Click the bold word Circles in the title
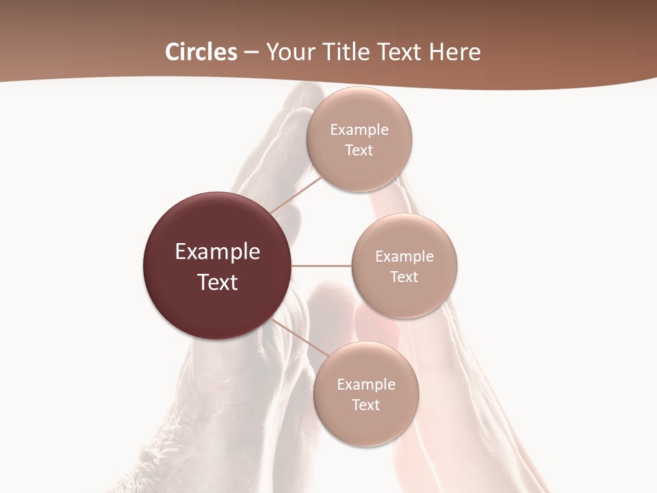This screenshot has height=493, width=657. (201, 52)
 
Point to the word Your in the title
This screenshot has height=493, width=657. (287, 52)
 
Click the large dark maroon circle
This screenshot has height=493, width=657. (218, 266)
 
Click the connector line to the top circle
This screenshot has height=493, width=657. (296, 194)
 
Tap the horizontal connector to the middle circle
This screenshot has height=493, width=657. (322, 266)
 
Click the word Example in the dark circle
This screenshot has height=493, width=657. (218, 252)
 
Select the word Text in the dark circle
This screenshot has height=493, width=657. (218, 282)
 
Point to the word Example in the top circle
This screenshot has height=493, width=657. (359, 130)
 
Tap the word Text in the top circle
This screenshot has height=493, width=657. (359, 151)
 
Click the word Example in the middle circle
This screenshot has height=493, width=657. (404, 257)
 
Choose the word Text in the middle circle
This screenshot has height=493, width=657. (404, 277)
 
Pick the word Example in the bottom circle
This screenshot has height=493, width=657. (366, 385)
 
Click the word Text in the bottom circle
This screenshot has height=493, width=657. (366, 405)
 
